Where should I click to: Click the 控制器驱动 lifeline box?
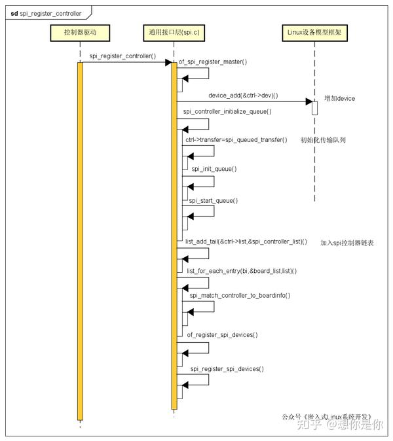(x=80, y=33)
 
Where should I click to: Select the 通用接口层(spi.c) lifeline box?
(x=174, y=33)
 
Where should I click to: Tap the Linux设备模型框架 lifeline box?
(x=314, y=33)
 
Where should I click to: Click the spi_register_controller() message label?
(x=123, y=56)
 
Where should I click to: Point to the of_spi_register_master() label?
(x=213, y=62)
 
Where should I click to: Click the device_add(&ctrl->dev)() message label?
(x=243, y=96)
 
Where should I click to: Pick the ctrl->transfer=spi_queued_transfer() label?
(x=236, y=140)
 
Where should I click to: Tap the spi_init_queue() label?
(x=214, y=169)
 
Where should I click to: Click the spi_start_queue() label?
(x=214, y=200)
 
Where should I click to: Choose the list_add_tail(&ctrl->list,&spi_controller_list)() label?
(x=246, y=241)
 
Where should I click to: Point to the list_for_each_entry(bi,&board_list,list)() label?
(x=242, y=271)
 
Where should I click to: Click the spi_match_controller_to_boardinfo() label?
(x=240, y=296)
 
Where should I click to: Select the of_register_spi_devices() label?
(x=221, y=335)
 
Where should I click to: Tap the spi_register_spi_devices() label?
(x=227, y=369)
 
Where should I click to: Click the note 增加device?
(x=340, y=99)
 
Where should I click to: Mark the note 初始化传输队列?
(x=322, y=140)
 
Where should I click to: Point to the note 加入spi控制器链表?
(x=347, y=242)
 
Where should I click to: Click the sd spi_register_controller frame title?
(x=46, y=12)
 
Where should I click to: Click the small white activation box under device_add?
(x=314, y=107)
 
